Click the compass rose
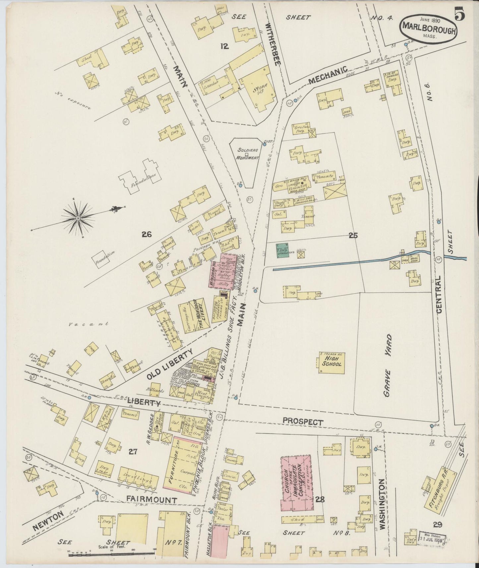[78, 218]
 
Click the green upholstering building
[282, 251]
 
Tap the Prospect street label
[303, 422]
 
